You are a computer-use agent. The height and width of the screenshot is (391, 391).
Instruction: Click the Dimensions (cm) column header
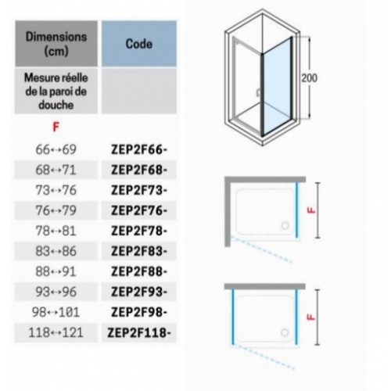pos(56,44)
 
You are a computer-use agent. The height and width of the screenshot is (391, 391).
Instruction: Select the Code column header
pos(139,44)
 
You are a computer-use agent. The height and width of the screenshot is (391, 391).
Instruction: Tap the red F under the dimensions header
pos(56,127)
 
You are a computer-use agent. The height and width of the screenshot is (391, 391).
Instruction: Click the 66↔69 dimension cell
pos(56,149)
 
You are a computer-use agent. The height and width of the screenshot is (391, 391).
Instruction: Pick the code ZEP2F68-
pos(139,170)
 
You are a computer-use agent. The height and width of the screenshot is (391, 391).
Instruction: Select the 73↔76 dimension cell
pos(56,190)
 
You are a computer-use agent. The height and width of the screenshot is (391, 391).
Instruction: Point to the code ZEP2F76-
pos(139,210)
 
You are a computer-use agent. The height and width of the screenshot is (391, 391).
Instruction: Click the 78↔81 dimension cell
pos(56,231)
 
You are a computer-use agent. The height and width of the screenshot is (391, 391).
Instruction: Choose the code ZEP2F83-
pos(139,251)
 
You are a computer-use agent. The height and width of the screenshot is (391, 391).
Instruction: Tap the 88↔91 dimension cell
pos(56,271)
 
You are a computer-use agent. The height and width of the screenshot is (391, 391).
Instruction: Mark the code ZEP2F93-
pos(139,292)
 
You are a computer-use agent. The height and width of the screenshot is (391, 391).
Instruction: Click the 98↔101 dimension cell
pos(56,312)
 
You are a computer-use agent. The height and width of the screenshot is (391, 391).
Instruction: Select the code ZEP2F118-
pos(139,333)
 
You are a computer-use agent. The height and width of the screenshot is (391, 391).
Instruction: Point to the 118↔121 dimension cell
pos(56,332)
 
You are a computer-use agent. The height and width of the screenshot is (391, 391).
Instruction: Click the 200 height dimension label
pos(310,78)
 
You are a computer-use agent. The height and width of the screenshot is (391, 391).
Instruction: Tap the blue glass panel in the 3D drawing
pos(277,88)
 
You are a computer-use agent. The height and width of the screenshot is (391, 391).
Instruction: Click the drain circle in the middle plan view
pos(285,225)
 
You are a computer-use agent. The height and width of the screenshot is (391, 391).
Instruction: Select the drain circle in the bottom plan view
pos(285,332)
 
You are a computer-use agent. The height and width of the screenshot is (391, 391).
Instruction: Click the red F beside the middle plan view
pos(311,210)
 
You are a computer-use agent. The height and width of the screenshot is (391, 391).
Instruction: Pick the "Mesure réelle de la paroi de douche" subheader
pos(56,91)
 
